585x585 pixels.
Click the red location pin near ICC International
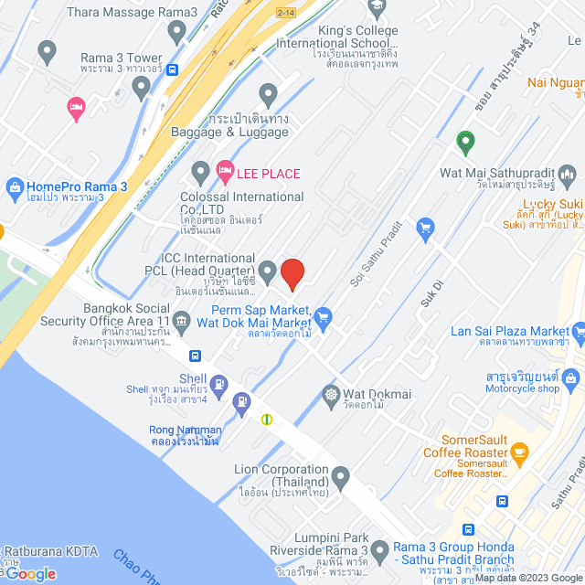tap(292, 272)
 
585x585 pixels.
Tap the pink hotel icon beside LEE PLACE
tap(224, 170)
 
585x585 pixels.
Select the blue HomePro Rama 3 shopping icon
tap(14, 186)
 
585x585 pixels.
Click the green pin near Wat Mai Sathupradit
tap(465, 142)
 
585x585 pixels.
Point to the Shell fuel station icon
tap(218, 384)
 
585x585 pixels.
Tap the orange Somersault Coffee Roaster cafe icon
tap(519, 451)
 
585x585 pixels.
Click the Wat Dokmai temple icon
tap(330, 395)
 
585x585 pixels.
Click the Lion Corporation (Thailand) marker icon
tap(340, 475)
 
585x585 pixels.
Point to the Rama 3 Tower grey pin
tap(141, 88)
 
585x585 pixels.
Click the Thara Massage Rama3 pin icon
tap(177, 30)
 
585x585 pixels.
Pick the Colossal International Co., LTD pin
tap(200, 172)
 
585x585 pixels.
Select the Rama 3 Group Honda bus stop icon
tap(468, 529)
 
